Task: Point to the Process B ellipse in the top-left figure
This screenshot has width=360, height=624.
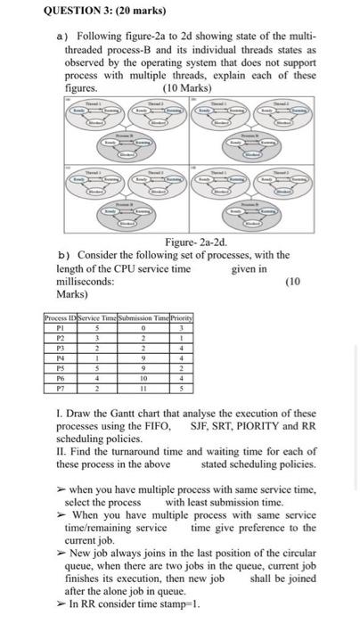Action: coord(125,144)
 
